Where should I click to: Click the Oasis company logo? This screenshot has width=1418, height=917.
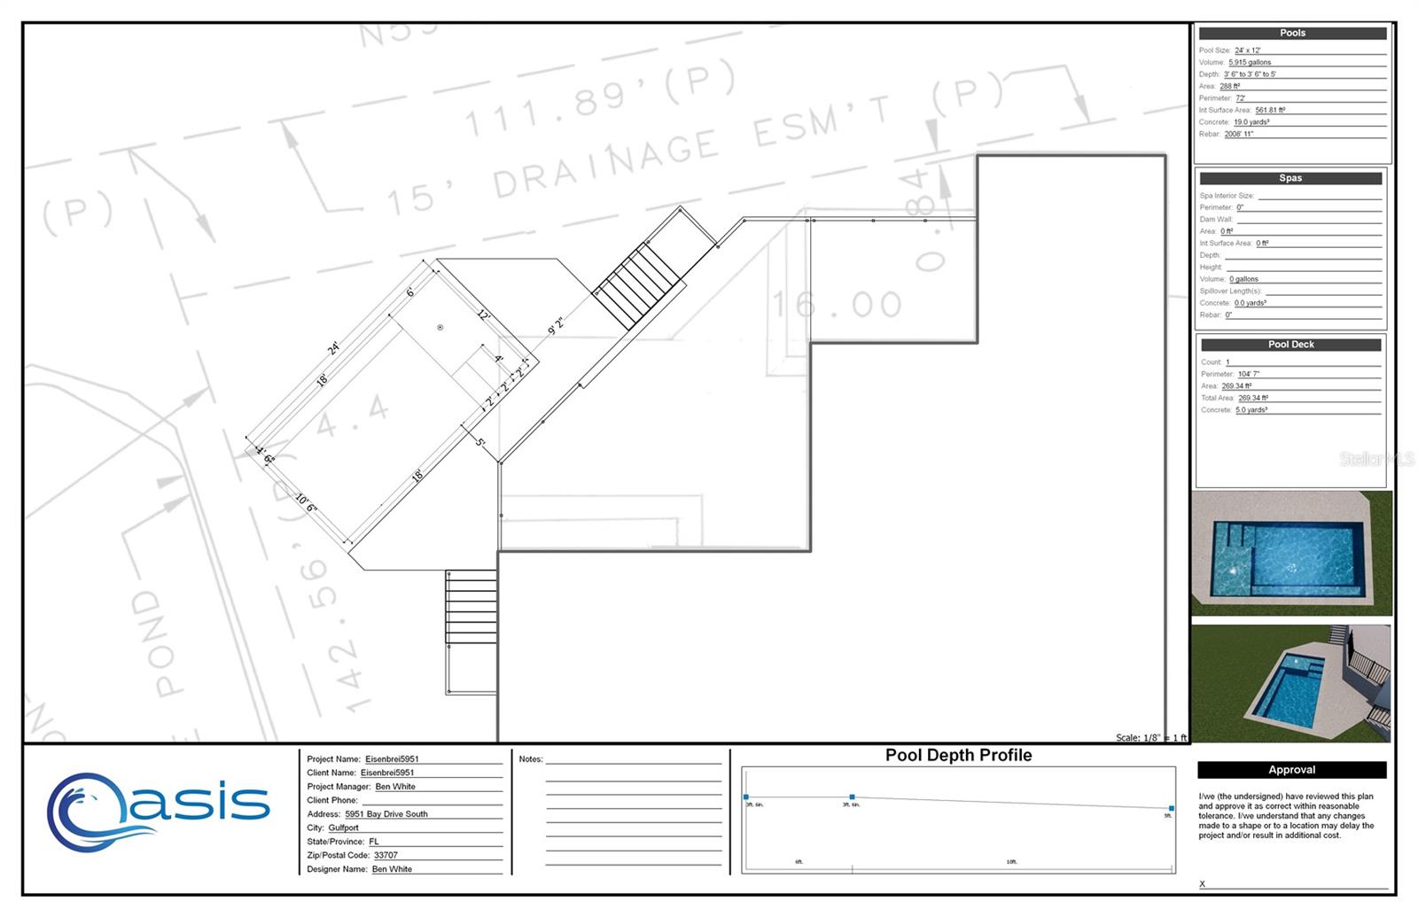click(158, 808)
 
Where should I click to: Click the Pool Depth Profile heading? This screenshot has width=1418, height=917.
click(958, 756)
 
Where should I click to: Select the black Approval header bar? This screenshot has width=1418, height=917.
click(1291, 770)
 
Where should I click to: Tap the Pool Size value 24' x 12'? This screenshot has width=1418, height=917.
click(1247, 51)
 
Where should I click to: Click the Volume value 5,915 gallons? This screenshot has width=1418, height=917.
click(1250, 63)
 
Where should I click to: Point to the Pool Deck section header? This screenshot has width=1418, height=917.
click(1290, 345)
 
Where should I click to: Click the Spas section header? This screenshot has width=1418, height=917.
click(1290, 178)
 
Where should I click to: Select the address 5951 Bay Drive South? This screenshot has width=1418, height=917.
click(386, 814)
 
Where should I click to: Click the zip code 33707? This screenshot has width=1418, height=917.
click(386, 856)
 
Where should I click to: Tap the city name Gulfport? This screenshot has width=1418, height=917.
click(344, 828)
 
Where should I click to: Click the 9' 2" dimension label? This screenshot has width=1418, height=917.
click(556, 326)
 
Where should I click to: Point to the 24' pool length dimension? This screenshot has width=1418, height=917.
click(333, 348)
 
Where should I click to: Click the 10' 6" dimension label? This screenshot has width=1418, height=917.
click(305, 503)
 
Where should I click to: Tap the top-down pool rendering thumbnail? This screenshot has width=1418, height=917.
click(1291, 554)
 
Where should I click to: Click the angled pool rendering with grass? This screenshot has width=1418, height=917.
click(1291, 683)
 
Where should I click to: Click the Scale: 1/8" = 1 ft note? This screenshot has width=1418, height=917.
click(1150, 737)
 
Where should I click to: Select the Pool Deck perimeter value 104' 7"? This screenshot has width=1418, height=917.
click(1248, 374)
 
